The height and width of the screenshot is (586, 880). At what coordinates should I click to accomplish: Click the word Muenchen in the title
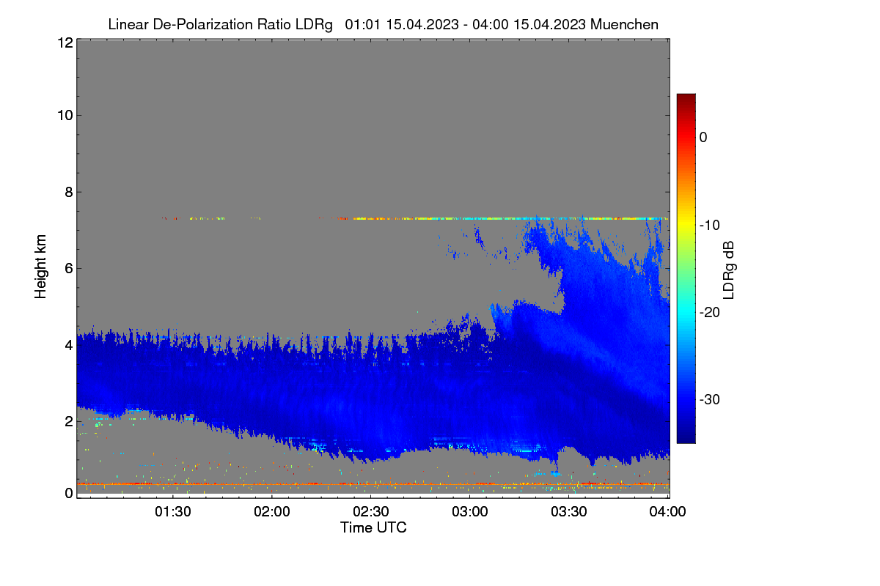coord(624,24)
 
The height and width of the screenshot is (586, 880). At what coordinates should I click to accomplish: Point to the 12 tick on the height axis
coord(65,42)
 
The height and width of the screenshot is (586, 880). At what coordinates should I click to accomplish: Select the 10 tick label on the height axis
coord(65,116)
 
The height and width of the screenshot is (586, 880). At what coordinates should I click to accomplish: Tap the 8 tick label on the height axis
coord(69,193)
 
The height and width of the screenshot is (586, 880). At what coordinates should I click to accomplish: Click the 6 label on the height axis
coord(69,269)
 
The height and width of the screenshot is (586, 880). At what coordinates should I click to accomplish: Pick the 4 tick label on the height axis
coord(69,346)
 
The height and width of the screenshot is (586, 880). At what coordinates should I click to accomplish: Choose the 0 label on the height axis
coord(69,493)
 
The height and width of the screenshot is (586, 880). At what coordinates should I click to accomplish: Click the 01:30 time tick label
coord(173,511)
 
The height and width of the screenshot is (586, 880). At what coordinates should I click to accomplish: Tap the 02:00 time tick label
coord(272,511)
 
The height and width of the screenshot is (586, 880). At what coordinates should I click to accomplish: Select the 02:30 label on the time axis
coord(371,511)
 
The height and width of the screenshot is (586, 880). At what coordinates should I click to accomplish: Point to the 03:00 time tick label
coord(470,511)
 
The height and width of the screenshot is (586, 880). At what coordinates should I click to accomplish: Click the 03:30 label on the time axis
coord(569,511)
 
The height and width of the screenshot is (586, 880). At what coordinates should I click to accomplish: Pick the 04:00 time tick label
coord(667,511)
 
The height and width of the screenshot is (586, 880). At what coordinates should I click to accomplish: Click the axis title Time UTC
coord(373,527)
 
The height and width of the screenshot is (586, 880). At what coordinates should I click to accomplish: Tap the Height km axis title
coord(40,267)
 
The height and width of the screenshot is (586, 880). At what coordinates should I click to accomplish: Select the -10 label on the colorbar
coord(710,226)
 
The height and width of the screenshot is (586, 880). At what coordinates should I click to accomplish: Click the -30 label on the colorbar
coord(710,399)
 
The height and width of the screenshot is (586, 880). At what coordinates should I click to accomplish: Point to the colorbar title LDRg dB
coord(729,270)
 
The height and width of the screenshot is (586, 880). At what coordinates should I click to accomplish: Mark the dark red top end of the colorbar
coord(686,95)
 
